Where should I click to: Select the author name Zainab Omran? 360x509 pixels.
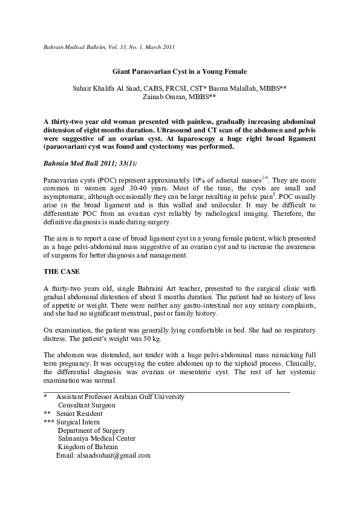click(x=176, y=96)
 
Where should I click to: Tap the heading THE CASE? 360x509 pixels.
click(x=63, y=271)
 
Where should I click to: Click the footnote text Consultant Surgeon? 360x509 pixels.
click(x=86, y=405)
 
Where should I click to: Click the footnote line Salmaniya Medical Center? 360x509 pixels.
click(x=97, y=438)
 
